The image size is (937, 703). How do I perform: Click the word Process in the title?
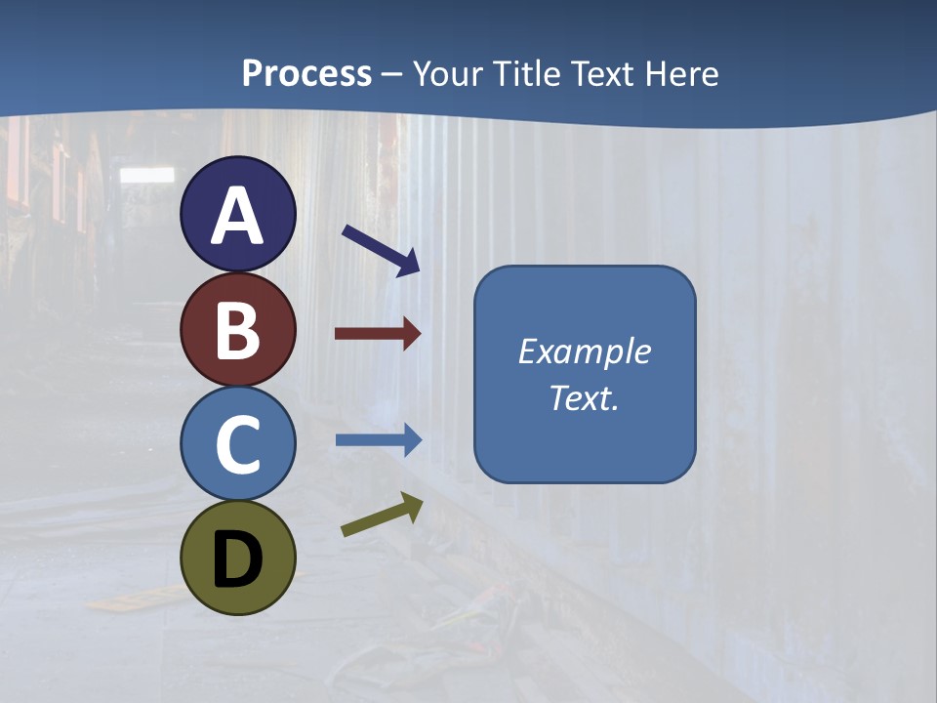point(306,74)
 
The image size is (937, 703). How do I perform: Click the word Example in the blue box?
point(585,351)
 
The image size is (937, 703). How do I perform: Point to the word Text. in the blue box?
point(585,397)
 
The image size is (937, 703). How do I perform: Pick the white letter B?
point(238,331)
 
